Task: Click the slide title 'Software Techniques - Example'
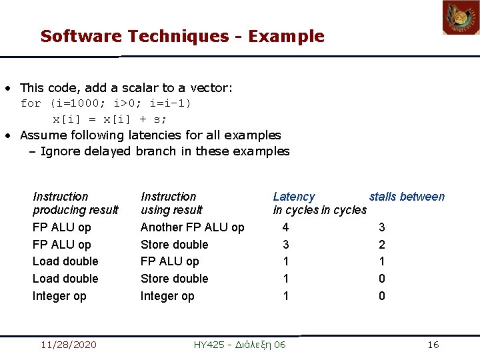click(182, 37)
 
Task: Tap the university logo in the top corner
click(461, 18)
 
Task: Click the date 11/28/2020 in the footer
click(68, 345)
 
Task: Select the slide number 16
click(433, 345)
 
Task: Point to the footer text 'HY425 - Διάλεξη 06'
click(239, 345)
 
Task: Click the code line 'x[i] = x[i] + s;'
click(110, 119)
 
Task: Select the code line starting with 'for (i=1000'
click(105, 103)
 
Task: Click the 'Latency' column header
click(293, 197)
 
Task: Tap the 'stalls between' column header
click(407, 197)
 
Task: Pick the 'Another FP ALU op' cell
click(192, 227)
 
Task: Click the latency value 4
click(286, 227)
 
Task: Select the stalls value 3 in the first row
click(382, 227)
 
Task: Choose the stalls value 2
click(382, 245)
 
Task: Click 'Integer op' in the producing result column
click(59, 296)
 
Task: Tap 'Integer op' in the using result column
click(167, 296)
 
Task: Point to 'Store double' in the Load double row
click(174, 279)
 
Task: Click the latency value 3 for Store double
click(286, 245)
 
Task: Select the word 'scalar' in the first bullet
click(140, 87)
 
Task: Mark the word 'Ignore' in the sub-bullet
click(59, 151)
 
